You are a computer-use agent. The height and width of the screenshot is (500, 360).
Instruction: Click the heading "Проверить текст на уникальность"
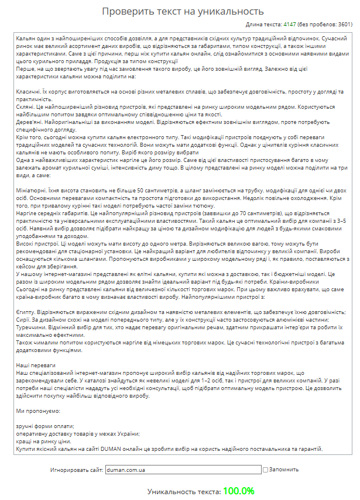point(183,11)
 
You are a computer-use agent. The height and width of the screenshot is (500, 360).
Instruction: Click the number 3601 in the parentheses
point(344,25)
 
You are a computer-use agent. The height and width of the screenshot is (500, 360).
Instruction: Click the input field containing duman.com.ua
point(183,470)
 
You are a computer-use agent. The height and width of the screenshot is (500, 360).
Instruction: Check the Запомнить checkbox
point(266,470)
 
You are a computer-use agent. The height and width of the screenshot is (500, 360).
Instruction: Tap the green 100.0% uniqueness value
point(238,491)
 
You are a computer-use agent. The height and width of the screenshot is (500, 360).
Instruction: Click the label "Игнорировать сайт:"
point(77,470)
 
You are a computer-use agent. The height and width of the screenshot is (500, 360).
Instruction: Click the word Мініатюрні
point(33,191)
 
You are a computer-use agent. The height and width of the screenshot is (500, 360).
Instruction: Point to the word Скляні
point(26,107)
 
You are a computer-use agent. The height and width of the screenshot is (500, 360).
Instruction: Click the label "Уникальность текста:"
point(183,492)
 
